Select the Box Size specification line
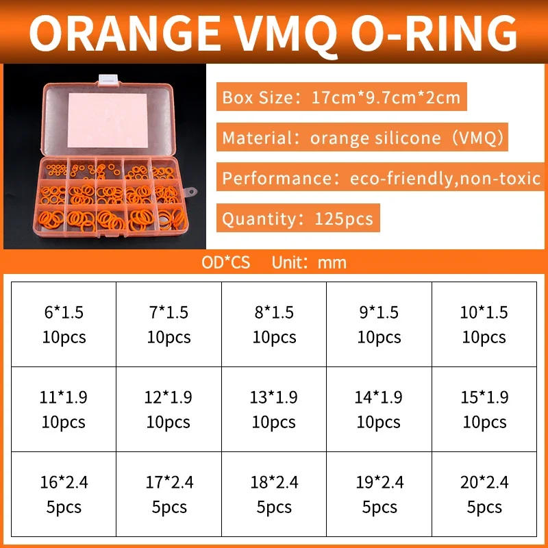tap(341, 97)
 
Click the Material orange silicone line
tap(364, 138)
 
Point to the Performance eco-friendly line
tap(381, 179)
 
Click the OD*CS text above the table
tap(227, 262)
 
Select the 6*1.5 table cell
tap(63, 324)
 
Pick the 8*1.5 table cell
tap(274, 324)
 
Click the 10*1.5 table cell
tap(484, 324)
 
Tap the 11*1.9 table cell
tap(63, 409)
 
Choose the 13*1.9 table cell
tap(274, 409)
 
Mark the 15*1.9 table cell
tap(484, 409)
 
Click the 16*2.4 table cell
tap(63, 494)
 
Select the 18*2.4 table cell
tap(274, 494)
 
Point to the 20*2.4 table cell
tap(484, 494)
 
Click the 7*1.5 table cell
tap(169, 324)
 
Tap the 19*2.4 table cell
tap(379, 494)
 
